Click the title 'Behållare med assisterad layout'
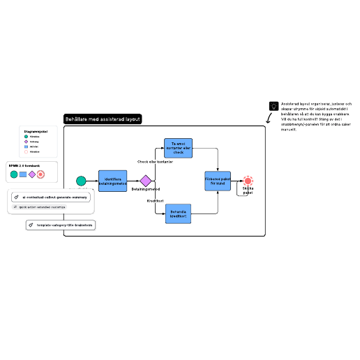[x=103, y=119]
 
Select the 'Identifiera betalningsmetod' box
[x=113, y=181]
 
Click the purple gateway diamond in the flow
[x=145, y=181]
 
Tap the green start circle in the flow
[x=81, y=181]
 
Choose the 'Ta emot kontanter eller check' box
[x=177, y=147]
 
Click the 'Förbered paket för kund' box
[x=217, y=181]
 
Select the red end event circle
[x=248, y=181]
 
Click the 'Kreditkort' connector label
[x=155, y=201]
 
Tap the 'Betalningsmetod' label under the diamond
[x=145, y=189]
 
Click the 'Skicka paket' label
[x=248, y=190]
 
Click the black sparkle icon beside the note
[x=273, y=106]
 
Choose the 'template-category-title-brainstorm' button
[x=61, y=225]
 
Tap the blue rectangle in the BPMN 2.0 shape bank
[x=22, y=174]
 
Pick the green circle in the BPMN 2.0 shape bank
[x=13, y=174]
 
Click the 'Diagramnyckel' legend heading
[x=35, y=131]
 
